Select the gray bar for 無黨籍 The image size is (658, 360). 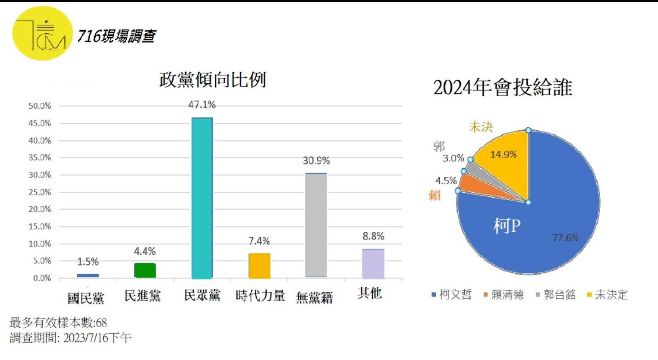click(x=316, y=225)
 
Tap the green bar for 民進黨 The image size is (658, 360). click(x=145, y=270)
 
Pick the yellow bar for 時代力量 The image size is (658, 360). click(x=259, y=265)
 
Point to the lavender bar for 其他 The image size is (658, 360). click(x=373, y=263)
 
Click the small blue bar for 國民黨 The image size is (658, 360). click(x=88, y=275)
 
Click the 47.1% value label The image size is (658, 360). click(x=202, y=105)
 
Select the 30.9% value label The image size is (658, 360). click(x=316, y=161)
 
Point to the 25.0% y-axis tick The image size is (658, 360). click(x=40, y=192)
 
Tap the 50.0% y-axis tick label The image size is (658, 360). click(x=40, y=106)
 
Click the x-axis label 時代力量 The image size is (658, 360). click(x=260, y=296)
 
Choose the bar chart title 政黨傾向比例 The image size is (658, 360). click(x=213, y=80)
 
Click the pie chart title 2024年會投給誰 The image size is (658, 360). click(x=503, y=88)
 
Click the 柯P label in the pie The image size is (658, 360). click(x=507, y=225)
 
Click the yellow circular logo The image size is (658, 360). click(x=42, y=34)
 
